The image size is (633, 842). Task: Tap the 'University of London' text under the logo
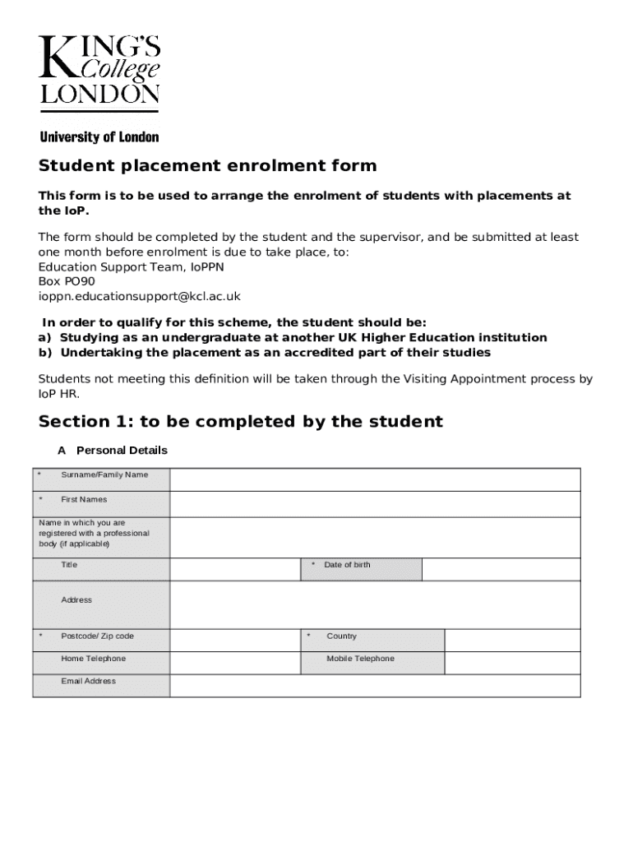pyautogui.click(x=99, y=137)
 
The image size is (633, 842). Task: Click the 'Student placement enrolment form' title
pyautogui.click(x=207, y=166)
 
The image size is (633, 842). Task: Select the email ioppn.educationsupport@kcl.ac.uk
pyautogui.click(x=140, y=296)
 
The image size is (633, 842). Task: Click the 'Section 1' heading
pyautogui.click(x=240, y=422)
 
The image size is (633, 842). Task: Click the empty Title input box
pyautogui.click(x=235, y=569)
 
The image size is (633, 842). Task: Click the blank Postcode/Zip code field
pyautogui.click(x=235, y=641)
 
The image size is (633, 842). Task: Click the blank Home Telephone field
pyautogui.click(x=235, y=663)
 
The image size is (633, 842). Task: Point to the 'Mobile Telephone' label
pyautogui.click(x=360, y=659)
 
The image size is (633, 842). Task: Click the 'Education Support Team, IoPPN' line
pyautogui.click(x=132, y=266)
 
